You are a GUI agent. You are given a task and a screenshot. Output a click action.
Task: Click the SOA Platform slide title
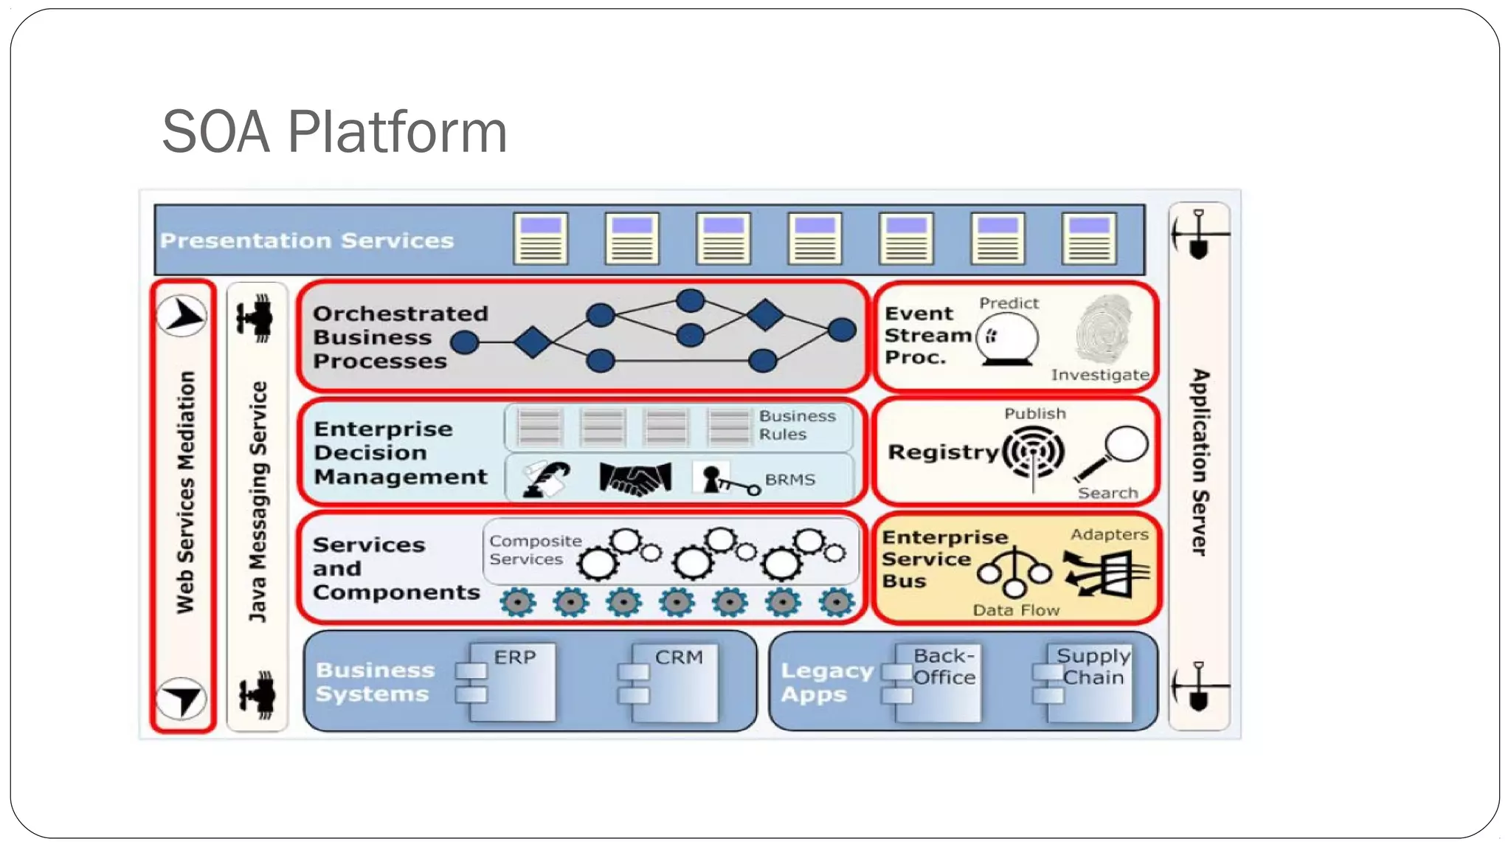point(334,131)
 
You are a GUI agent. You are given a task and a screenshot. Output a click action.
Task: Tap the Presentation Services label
point(307,241)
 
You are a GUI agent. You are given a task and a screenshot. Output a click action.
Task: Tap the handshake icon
point(635,479)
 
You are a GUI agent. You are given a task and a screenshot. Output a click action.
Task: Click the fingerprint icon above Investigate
point(1103,329)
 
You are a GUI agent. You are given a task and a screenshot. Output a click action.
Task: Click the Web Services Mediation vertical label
point(185,492)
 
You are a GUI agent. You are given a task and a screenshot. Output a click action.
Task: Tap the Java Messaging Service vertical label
point(257,502)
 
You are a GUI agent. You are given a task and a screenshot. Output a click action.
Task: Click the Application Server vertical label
point(1200,462)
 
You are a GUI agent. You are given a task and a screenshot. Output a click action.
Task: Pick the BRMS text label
point(789,480)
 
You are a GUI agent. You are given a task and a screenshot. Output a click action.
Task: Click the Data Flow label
point(1015,610)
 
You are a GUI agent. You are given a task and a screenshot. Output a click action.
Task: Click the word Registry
point(942,452)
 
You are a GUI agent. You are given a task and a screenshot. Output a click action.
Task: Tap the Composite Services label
point(534,550)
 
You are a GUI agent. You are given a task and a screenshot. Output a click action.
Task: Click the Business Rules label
point(797,425)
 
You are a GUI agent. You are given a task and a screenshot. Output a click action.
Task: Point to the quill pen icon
point(546,479)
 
